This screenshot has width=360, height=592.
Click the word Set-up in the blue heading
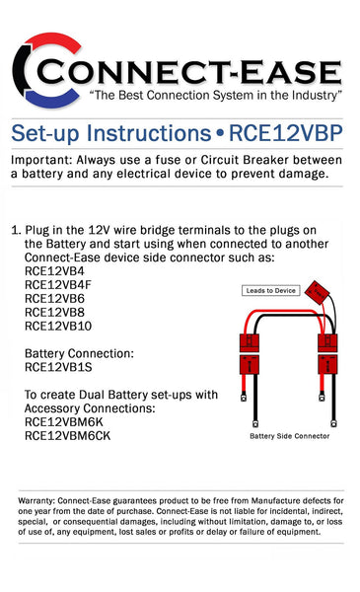pos(43,133)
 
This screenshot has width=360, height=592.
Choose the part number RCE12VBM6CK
pos(67,434)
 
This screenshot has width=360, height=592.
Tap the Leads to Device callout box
pos(270,290)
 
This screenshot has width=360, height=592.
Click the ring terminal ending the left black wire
pos(243,400)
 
